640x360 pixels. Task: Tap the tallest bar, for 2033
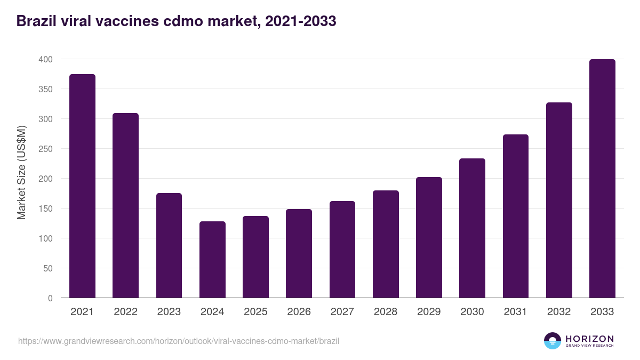602,178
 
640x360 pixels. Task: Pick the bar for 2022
125,205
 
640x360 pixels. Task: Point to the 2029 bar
429,237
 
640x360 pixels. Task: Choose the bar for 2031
515,216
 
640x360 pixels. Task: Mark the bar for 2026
299,253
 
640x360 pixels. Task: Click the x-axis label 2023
169,312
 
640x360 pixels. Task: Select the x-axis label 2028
386,312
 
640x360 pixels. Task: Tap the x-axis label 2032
559,312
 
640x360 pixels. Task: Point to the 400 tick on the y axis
45,59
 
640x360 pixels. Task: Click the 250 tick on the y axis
45,149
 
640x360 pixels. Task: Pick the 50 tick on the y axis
47,268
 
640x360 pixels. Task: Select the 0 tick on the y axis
50,298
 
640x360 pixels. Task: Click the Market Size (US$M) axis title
21,172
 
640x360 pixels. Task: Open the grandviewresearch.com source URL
178,341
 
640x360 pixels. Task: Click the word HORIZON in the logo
589,338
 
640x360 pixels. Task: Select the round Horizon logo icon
553,341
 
